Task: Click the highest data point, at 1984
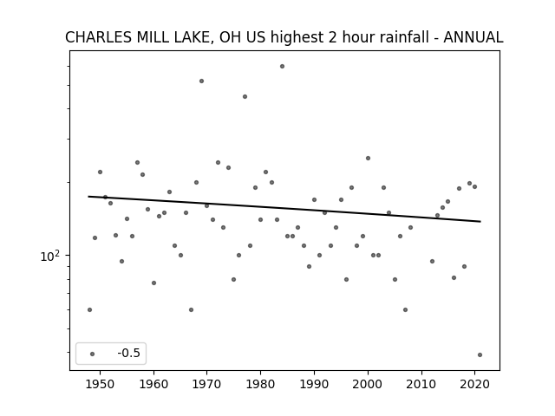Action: (x=282, y=66)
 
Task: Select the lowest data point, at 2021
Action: (x=480, y=354)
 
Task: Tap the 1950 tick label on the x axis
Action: (x=101, y=384)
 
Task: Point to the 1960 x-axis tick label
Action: (x=153, y=384)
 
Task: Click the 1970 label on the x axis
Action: (x=207, y=384)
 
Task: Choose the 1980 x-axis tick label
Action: (x=260, y=384)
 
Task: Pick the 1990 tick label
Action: (x=314, y=384)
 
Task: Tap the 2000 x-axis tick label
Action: (x=368, y=384)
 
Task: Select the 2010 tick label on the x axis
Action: (x=421, y=384)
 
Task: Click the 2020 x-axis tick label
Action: (x=474, y=384)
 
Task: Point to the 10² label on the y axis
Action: (x=50, y=256)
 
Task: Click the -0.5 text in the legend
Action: (x=129, y=353)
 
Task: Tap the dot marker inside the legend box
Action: (x=93, y=354)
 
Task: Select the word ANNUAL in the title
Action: (x=473, y=37)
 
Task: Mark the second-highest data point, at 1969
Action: (x=201, y=81)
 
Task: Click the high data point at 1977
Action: (x=245, y=96)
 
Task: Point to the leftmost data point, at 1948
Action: (x=89, y=310)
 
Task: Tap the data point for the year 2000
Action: (x=368, y=158)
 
